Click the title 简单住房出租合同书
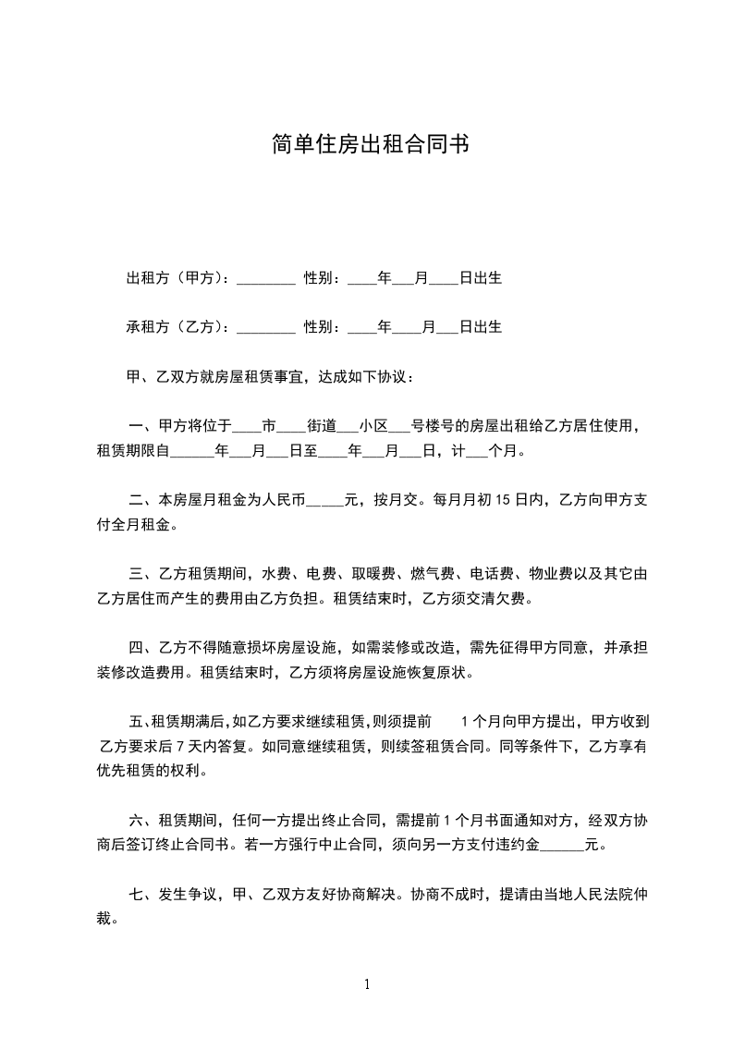tap(366, 144)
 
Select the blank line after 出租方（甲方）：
tap(265, 279)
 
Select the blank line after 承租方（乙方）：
tap(265, 328)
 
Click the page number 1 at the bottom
tap(367, 984)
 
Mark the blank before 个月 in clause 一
tap(477, 453)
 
